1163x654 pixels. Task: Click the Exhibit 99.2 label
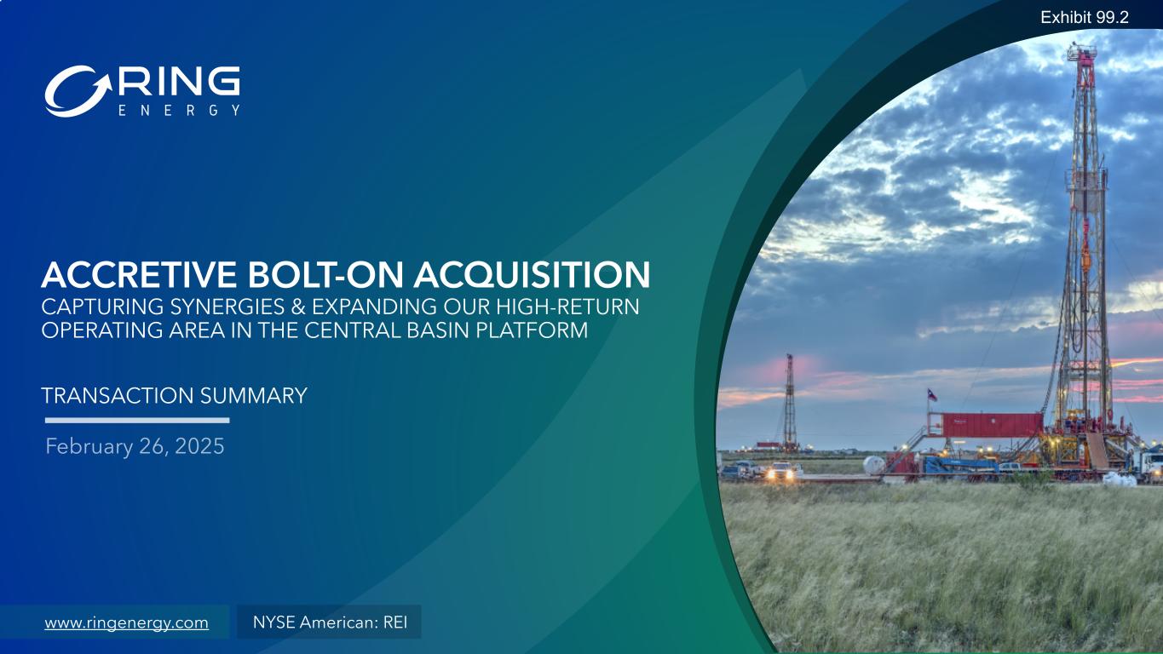point(1084,18)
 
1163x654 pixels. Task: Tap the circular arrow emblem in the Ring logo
point(78,91)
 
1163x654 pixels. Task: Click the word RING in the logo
point(179,82)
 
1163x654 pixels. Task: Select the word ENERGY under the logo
point(179,110)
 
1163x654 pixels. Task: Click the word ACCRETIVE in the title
point(139,274)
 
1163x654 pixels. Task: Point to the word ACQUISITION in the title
point(532,275)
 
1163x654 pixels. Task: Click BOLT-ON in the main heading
point(325,274)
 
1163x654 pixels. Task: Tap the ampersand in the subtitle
point(298,307)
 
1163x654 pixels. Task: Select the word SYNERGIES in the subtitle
point(227,307)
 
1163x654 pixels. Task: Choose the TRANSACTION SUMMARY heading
point(174,395)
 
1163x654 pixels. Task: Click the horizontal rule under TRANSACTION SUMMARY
point(137,421)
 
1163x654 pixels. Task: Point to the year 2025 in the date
point(199,446)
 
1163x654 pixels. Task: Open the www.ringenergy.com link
point(127,622)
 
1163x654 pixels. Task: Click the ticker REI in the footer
point(395,622)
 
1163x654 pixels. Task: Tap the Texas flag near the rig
point(932,395)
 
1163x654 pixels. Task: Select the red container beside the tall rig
point(992,425)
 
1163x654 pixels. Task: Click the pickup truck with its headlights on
point(784,471)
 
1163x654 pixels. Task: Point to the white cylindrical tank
point(874,464)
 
